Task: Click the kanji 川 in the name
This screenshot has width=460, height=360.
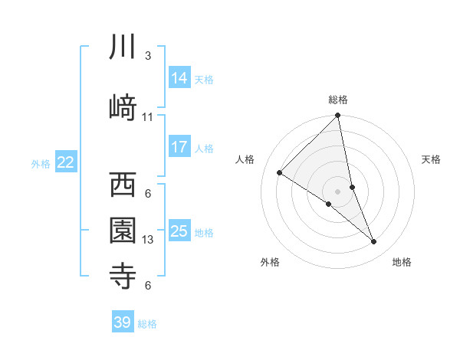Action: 123,47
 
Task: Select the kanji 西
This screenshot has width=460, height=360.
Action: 123,185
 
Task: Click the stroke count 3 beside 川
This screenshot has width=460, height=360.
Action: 148,56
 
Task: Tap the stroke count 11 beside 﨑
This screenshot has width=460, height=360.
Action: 148,116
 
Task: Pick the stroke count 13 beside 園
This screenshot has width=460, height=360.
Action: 148,240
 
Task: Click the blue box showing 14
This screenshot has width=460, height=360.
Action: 179,78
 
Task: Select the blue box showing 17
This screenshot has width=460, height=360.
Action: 179,147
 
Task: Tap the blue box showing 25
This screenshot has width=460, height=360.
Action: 179,231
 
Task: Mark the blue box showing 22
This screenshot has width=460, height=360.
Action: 66,162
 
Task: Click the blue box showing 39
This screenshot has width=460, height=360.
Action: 123,322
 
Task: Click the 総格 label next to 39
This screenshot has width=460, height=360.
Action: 148,324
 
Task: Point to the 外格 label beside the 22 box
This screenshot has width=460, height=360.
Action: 41,163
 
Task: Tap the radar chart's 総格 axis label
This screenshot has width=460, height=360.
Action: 338,100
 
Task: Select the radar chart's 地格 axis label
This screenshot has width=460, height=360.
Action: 402,263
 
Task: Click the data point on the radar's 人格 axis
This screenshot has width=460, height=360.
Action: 280,172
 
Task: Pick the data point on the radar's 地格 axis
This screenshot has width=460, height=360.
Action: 374,242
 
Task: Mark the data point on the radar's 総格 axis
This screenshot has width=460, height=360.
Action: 338,116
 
